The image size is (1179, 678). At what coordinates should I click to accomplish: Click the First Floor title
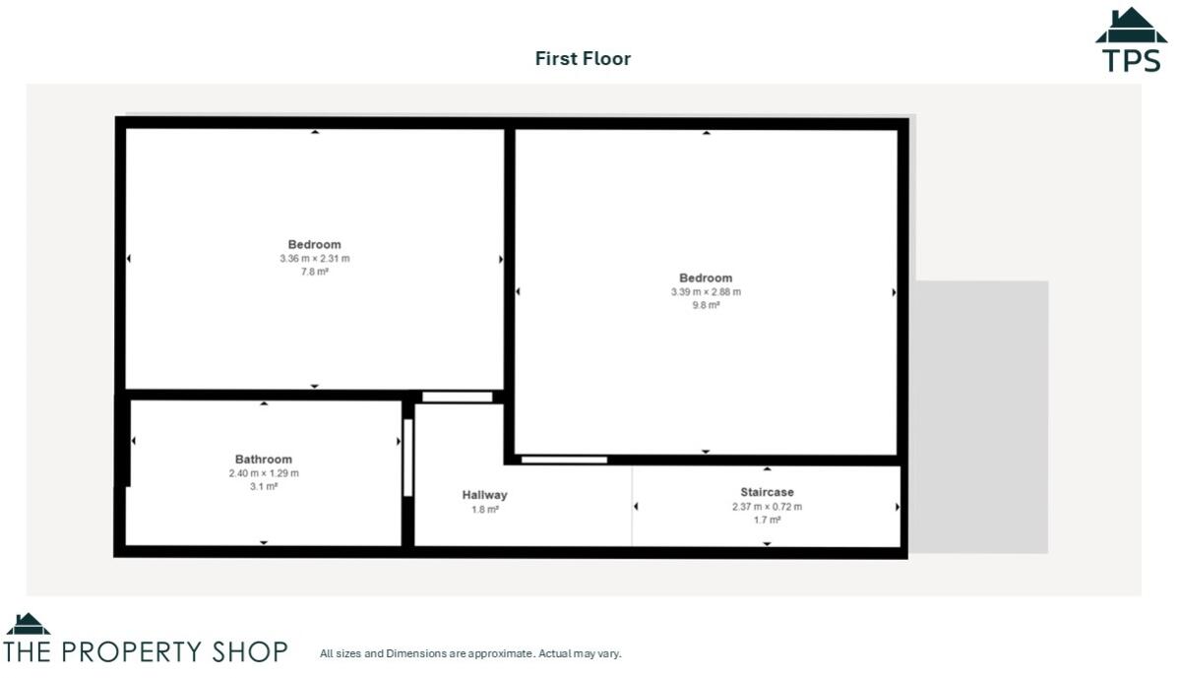(583, 58)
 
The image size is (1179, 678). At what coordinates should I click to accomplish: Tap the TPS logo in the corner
(1131, 40)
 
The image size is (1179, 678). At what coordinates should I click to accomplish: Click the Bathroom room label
(263, 460)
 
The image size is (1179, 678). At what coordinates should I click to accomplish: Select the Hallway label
(484, 495)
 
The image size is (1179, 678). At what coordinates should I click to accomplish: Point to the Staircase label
(767, 492)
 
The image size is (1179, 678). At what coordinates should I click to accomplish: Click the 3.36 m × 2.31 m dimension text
(314, 259)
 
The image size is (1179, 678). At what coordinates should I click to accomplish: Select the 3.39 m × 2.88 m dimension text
(705, 292)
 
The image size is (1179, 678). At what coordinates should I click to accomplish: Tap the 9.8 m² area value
(705, 306)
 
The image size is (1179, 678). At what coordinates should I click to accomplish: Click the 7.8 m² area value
(314, 273)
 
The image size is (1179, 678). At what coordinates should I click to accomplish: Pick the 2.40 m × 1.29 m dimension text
(263, 473)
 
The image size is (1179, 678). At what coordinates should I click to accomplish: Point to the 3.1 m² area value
(263, 487)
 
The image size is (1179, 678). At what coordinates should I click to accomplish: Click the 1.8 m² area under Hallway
(485, 510)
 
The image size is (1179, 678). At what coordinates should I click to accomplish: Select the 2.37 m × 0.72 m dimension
(767, 507)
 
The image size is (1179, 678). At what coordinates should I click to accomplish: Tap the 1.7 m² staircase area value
(767, 521)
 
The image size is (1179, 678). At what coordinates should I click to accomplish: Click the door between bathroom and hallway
(407, 458)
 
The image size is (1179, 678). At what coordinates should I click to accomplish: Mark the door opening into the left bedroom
(457, 397)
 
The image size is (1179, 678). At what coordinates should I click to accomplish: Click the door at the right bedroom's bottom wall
(564, 460)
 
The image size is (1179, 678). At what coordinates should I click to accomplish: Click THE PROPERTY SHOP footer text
(146, 651)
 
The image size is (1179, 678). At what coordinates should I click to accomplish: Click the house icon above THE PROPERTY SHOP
(28, 624)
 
